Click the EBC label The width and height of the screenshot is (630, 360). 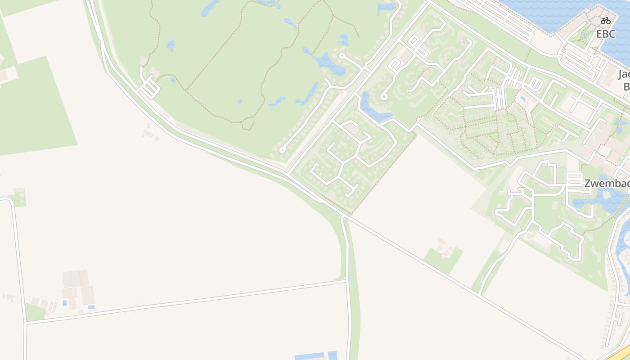(x=605, y=34)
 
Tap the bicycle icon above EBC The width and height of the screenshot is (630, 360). (x=605, y=20)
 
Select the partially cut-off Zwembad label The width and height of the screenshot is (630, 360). (x=607, y=184)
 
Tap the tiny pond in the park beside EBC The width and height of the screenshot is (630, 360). (x=585, y=34)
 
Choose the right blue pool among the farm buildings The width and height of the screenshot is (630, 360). (x=91, y=307)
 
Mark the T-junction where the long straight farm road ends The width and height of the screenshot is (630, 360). (x=346, y=281)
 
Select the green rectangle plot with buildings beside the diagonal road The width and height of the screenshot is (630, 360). (x=443, y=260)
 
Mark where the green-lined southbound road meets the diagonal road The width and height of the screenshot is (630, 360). (x=343, y=216)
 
